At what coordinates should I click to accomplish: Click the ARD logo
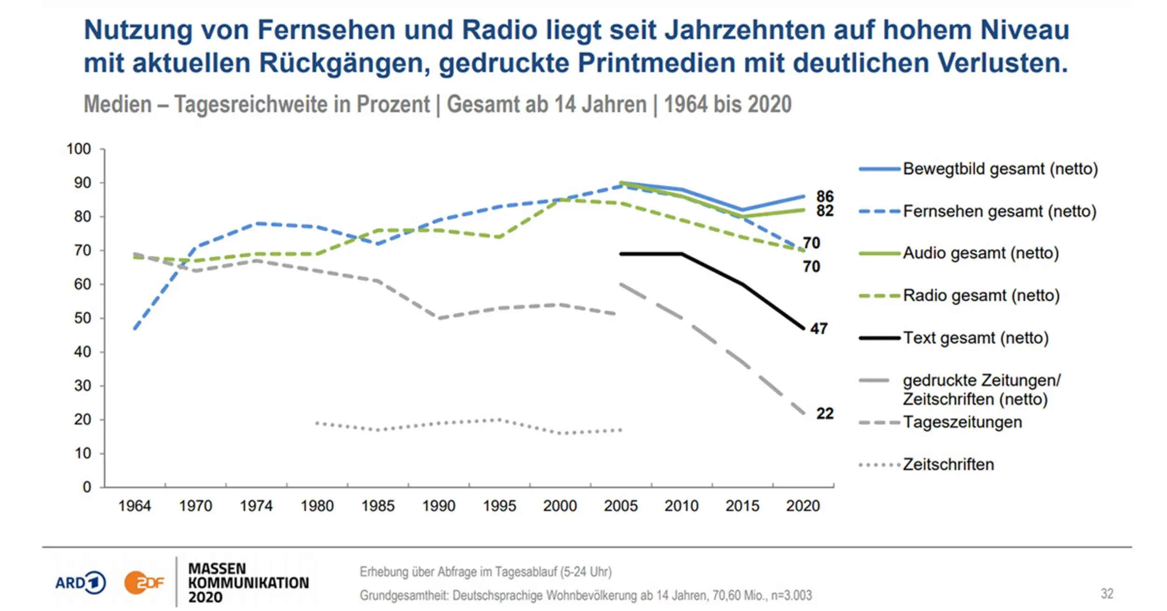pyautogui.click(x=80, y=583)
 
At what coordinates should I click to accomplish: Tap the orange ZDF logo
pyautogui.click(x=144, y=583)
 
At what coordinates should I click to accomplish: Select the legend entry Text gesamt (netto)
pyautogui.click(x=975, y=337)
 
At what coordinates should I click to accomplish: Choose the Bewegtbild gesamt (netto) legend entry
pyautogui.click(x=1000, y=169)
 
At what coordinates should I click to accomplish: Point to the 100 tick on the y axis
pyautogui.click(x=78, y=149)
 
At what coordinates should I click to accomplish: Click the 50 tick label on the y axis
pyautogui.click(x=82, y=318)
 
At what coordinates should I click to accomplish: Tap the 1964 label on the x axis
pyautogui.click(x=134, y=506)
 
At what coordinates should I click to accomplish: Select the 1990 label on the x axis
pyautogui.click(x=438, y=506)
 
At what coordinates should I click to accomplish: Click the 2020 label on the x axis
pyautogui.click(x=802, y=506)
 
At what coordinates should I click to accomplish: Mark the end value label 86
pyautogui.click(x=825, y=196)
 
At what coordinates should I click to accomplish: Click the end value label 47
pyautogui.click(x=819, y=329)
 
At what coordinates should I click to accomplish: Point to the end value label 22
pyautogui.click(x=825, y=414)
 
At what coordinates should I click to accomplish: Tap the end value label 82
pyautogui.click(x=825, y=211)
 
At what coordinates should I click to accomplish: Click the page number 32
pyautogui.click(x=1107, y=594)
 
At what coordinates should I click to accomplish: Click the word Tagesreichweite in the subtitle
pyautogui.click(x=302, y=104)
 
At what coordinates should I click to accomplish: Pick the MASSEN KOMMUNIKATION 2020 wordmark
pyautogui.click(x=248, y=583)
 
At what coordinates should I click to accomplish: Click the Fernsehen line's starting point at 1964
pyautogui.click(x=134, y=330)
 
